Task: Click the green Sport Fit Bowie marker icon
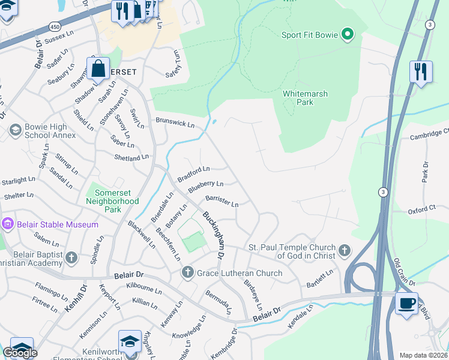[x=347, y=34]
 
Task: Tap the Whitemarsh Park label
[x=297, y=98]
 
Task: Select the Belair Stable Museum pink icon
[x=7, y=224]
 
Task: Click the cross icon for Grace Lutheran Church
[x=187, y=273]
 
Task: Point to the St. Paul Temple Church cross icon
[x=344, y=250]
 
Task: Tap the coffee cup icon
[x=406, y=303]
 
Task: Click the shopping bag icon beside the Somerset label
[x=98, y=68]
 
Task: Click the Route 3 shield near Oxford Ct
[x=382, y=192]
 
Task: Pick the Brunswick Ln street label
[x=175, y=124]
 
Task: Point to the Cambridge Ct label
[x=429, y=134]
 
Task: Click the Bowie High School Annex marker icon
[x=14, y=130]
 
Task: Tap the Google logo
[x=20, y=352]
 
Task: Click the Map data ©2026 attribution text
[x=423, y=355]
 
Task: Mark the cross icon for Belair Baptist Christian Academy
[x=71, y=258]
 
